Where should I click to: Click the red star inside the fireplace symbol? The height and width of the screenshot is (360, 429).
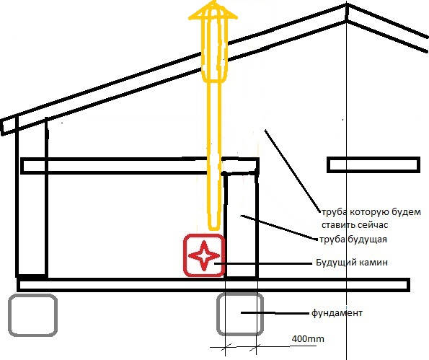(x=204, y=255)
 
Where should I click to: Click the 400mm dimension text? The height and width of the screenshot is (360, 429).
(x=308, y=339)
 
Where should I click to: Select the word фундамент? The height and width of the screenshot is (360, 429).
(x=337, y=312)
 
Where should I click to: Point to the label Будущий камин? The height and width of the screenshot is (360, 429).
(x=352, y=263)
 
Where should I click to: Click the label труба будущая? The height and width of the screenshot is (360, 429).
(x=353, y=240)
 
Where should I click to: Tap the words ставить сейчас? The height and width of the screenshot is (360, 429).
(x=355, y=225)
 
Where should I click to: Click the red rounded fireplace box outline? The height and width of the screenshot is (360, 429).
(x=185, y=255)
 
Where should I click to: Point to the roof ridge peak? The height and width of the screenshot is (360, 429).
(x=347, y=5)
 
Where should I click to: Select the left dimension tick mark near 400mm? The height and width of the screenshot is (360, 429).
(x=226, y=348)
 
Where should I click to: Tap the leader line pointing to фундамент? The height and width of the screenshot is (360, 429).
(x=275, y=313)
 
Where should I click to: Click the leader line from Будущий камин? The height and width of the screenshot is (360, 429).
(x=263, y=263)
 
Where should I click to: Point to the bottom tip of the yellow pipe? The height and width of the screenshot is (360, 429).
(x=214, y=229)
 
